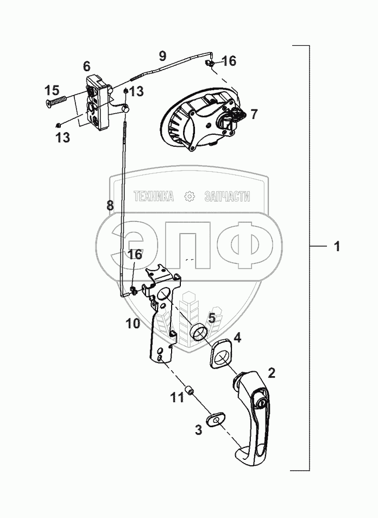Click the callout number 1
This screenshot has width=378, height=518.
337,247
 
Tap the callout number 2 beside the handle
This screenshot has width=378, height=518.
272,373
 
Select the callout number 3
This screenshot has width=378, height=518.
199,429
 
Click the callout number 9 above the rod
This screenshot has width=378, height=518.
162,55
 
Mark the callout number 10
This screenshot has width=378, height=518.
133,323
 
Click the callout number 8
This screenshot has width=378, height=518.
110,205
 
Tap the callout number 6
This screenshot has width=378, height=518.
87,66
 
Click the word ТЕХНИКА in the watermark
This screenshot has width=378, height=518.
153,196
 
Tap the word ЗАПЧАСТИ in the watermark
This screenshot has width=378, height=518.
226,196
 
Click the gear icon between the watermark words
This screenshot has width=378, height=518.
189,196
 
